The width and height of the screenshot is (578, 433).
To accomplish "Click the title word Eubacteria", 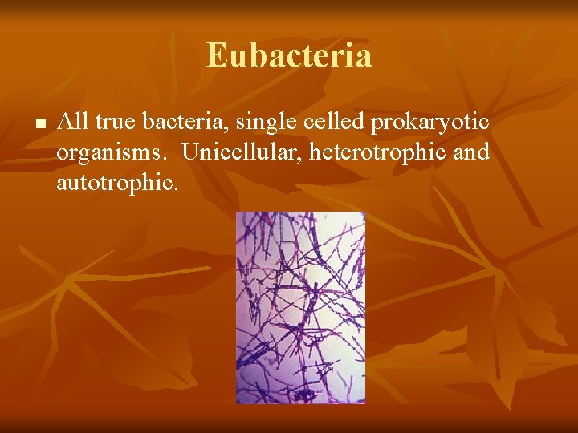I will [x=289, y=55].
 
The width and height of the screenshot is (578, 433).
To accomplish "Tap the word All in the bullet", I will [x=73, y=122].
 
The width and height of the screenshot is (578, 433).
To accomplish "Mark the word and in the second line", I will [x=471, y=152].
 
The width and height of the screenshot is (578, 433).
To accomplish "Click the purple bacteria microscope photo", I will [x=300, y=307].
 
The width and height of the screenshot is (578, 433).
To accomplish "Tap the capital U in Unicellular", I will [x=190, y=152].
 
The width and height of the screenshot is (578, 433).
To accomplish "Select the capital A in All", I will [x=64, y=122].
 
